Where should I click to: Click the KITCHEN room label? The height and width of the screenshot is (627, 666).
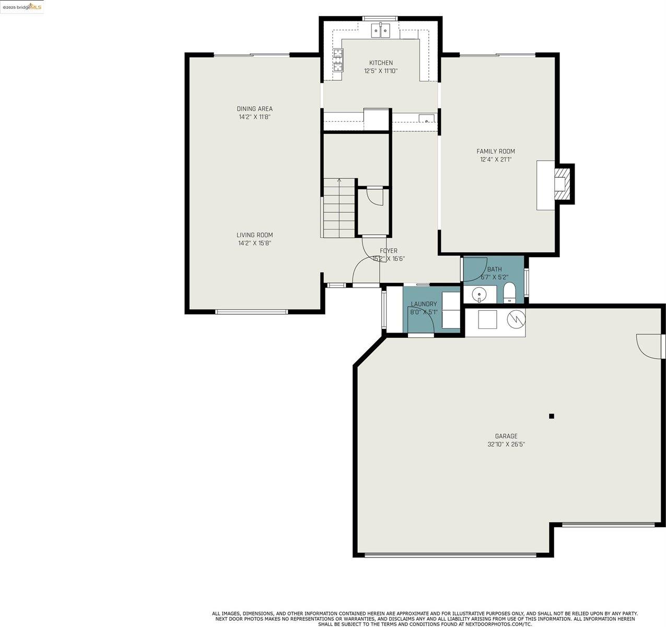click(381, 63)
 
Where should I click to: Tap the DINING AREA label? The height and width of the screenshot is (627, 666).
click(254, 109)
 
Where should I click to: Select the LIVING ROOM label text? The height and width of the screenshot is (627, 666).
click(254, 235)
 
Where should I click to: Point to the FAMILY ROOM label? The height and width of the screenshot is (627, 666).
click(495, 151)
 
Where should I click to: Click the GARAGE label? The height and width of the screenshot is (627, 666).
click(506, 436)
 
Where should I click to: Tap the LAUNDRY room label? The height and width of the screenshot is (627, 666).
click(424, 304)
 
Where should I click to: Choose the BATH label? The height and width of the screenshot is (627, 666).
click(494, 269)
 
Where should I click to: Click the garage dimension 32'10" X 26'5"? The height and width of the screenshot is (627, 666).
click(506, 444)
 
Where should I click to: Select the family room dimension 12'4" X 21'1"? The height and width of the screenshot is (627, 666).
click(495, 159)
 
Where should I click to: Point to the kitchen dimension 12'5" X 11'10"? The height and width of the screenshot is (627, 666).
click(381, 71)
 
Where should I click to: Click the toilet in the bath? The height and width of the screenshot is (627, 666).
click(509, 293)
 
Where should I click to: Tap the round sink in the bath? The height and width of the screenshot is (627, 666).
click(480, 295)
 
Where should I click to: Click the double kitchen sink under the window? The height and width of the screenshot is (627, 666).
click(381, 31)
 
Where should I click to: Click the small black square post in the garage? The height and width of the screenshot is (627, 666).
click(551, 416)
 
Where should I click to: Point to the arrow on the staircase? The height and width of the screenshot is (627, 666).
click(339, 181)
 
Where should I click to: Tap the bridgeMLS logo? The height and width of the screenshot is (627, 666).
click(22, 7)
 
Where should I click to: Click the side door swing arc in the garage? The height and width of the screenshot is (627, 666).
click(648, 347)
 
